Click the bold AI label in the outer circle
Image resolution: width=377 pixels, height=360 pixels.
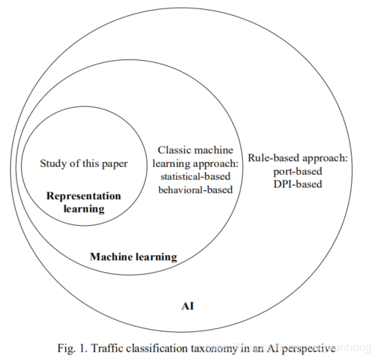tap(188, 306)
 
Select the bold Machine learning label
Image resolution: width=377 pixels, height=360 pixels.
tap(133, 257)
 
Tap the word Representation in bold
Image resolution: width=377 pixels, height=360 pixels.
tap(84, 196)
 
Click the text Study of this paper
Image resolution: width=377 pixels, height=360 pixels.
tap(84, 164)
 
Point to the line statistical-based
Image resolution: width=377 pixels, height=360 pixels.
tap(195, 177)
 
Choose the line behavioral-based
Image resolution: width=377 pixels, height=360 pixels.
tap(195, 189)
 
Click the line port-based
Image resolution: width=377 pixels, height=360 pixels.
tap(297, 172)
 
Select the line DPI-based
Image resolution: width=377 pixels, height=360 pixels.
tap(297, 185)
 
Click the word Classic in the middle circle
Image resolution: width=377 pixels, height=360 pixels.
tap(172, 150)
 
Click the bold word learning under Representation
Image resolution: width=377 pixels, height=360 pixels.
tap(84, 209)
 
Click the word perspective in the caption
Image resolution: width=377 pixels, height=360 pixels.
tap(308, 349)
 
